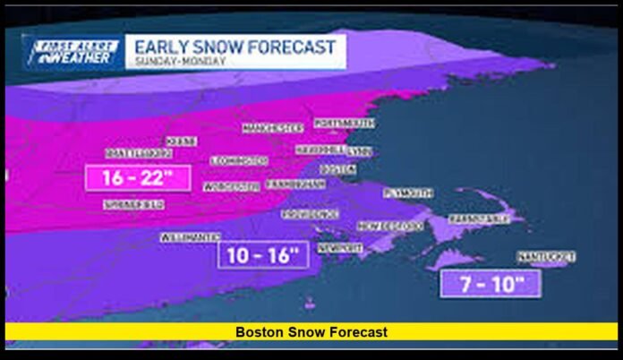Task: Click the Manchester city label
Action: click(x=272, y=128)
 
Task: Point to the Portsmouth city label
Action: click(x=343, y=123)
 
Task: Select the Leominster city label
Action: click(x=239, y=160)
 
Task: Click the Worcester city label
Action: click(x=232, y=186)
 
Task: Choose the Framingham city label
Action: click(x=294, y=184)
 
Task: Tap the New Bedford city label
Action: click(x=390, y=227)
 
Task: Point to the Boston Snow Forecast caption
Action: click(x=311, y=332)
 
